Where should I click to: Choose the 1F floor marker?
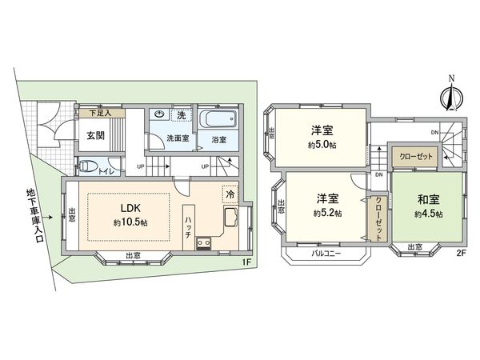(247, 261)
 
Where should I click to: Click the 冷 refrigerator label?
(230, 194)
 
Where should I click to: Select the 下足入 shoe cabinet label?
(100, 114)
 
